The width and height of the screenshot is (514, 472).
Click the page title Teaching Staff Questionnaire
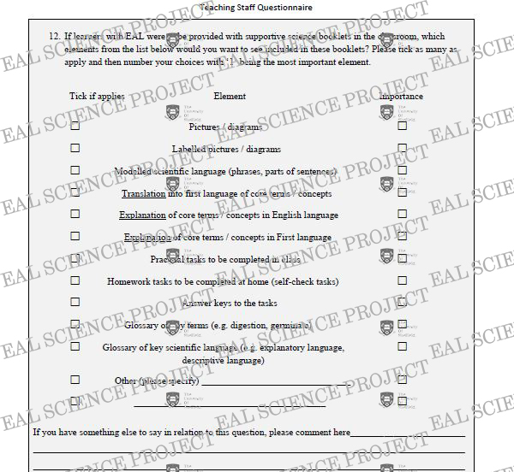(x=255, y=8)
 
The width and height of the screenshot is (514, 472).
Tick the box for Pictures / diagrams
(x=75, y=126)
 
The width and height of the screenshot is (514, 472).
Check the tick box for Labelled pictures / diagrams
(x=75, y=148)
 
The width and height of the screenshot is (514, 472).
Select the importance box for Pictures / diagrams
(x=402, y=126)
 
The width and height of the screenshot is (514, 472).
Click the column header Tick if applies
(x=97, y=97)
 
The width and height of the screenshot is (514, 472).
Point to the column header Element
(x=230, y=97)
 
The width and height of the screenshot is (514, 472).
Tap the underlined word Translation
(x=142, y=193)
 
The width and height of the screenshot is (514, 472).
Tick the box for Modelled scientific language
(x=75, y=170)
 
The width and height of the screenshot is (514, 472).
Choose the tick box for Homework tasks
(x=75, y=280)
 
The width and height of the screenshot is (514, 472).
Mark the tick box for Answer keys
(x=75, y=303)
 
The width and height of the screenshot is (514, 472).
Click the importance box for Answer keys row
(x=402, y=303)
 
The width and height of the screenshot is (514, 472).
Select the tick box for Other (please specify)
(x=75, y=379)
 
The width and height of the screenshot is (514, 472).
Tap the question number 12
(x=54, y=37)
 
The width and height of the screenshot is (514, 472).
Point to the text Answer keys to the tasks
(x=230, y=303)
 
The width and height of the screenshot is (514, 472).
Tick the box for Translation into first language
(x=75, y=192)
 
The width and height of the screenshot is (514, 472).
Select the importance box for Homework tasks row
(x=402, y=280)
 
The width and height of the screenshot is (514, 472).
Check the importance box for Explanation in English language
(x=402, y=215)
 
